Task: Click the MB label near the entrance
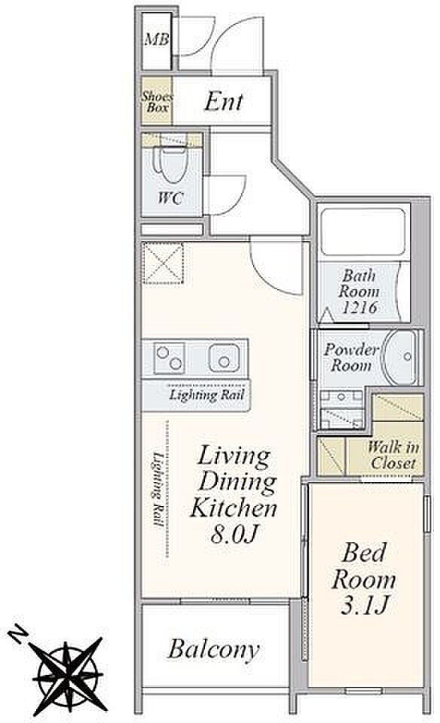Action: coord(157,40)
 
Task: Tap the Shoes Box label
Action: coord(157,102)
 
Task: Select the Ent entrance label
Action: coord(224,102)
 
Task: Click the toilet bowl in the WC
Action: coord(173,163)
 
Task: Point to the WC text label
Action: coord(170,198)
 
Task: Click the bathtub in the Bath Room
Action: coord(363,232)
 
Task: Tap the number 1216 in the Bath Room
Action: coord(359,307)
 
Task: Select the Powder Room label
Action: coord(351,357)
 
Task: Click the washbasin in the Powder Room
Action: coord(401,357)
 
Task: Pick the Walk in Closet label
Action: coord(393,455)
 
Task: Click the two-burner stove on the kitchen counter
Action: coord(169,358)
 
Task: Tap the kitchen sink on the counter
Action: coord(224,358)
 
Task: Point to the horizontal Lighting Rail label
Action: coord(206,395)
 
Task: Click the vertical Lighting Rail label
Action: coord(158,490)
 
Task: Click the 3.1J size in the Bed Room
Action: coord(363,606)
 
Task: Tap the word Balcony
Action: coord(213,650)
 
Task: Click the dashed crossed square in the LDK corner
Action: coord(163,264)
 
